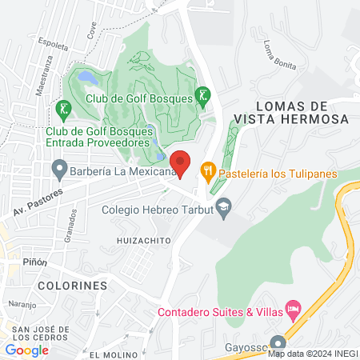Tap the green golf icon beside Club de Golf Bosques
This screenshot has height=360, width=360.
[x=203, y=98]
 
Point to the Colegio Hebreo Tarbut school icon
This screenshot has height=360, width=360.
[x=224, y=207]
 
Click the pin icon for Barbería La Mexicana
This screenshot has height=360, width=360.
[x=58, y=169]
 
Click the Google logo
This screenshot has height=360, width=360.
[x=27, y=350]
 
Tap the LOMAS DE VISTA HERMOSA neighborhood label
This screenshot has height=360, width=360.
[x=291, y=112]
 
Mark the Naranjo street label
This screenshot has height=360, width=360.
[x=23, y=305]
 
